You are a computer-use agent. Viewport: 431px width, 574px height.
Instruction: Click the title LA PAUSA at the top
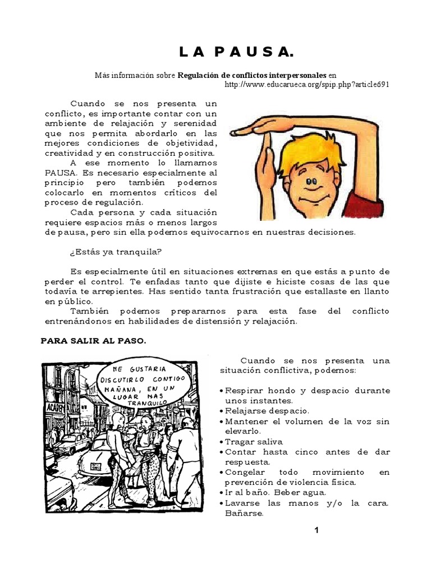click(236, 53)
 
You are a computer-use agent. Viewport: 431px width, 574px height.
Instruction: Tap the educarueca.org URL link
click(306, 84)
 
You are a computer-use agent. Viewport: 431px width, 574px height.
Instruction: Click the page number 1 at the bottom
click(317, 530)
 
